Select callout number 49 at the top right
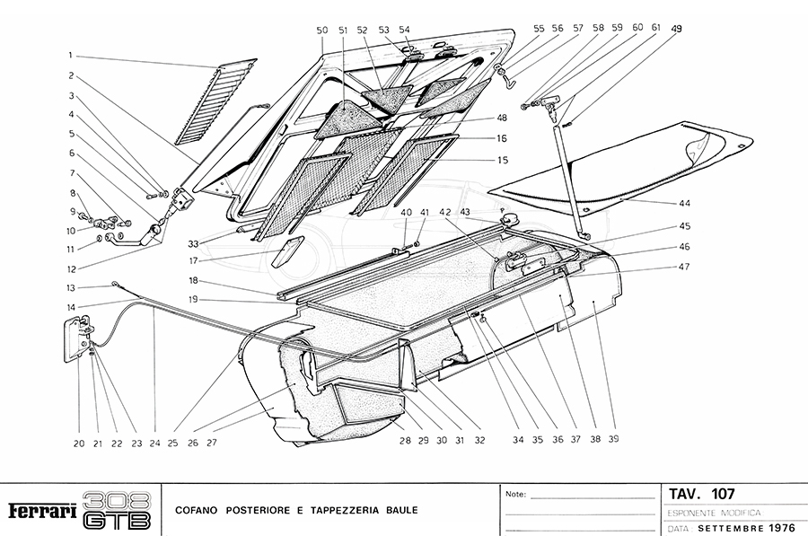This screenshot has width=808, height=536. (676, 29)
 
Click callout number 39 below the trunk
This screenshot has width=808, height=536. (613, 440)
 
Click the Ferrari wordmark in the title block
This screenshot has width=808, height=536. (41, 509)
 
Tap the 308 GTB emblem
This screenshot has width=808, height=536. (116, 509)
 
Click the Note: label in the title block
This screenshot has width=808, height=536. (516, 494)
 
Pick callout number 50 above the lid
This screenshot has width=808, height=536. (322, 31)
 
